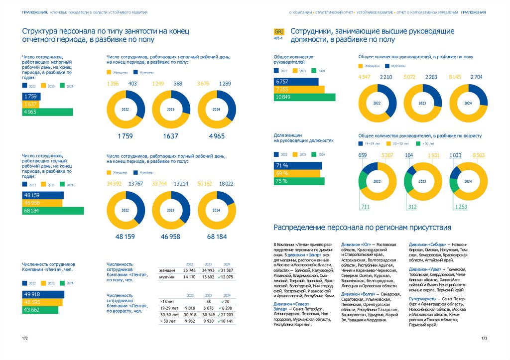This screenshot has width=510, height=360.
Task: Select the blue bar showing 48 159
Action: (x=43, y=195)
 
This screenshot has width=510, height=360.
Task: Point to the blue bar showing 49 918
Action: (x=43, y=294)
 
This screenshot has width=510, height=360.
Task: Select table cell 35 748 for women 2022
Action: (x=189, y=270)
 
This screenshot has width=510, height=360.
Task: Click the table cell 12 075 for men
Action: (x=226, y=277)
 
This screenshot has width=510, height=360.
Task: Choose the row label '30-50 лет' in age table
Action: (x=169, y=315)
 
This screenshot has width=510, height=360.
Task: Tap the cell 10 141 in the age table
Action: (x=226, y=321)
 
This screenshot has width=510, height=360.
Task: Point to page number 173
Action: (x=484, y=339)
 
